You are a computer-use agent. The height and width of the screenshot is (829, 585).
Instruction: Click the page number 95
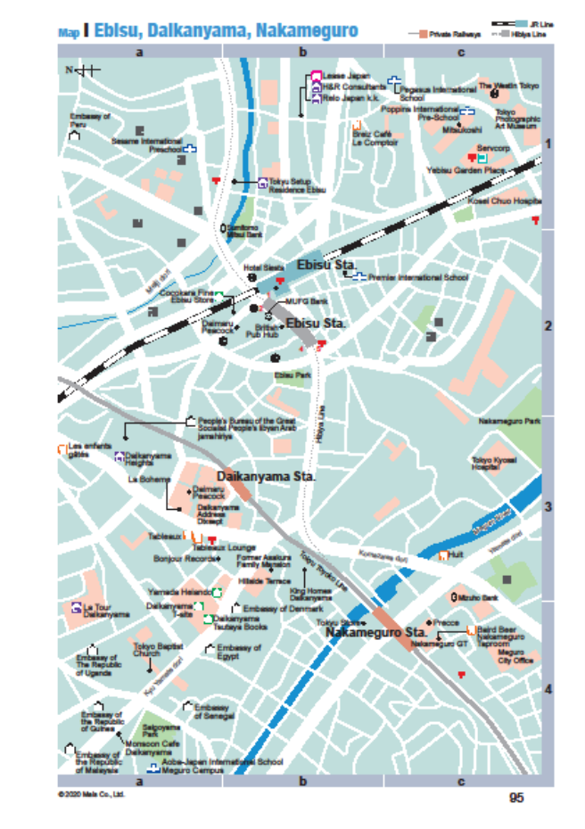(x=516, y=798)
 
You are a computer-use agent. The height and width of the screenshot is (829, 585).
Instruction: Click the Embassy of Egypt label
(x=239, y=652)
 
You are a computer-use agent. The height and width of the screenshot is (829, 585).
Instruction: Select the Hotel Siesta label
(x=263, y=267)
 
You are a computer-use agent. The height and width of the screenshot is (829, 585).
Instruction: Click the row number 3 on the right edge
(x=548, y=506)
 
